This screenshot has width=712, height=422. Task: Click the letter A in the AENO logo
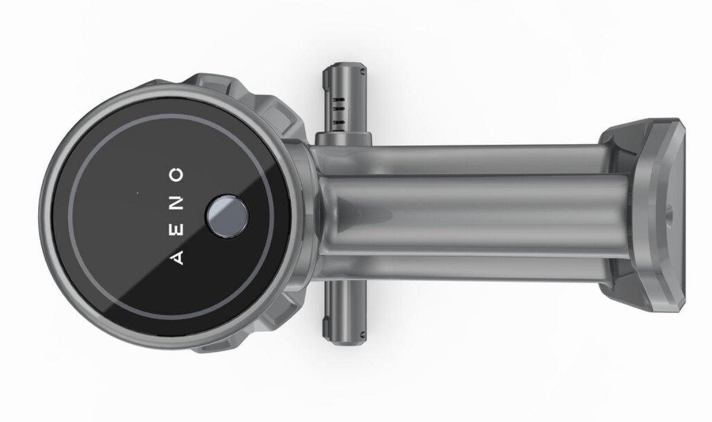pyautogui.click(x=177, y=257)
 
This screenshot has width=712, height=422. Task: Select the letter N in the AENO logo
pyautogui.click(x=177, y=203)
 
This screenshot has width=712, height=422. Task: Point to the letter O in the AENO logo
pyautogui.click(x=177, y=175)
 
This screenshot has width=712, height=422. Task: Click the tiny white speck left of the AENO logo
pyautogui.click(x=137, y=193)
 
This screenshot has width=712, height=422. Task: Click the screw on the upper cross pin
pyautogui.click(x=362, y=72)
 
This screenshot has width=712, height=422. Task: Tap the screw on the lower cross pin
pyautogui.click(x=362, y=334)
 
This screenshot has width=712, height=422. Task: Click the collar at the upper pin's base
pyautogui.click(x=344, y=139)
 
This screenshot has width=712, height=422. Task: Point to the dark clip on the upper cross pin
pyautogui.click(x=326, y=83)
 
